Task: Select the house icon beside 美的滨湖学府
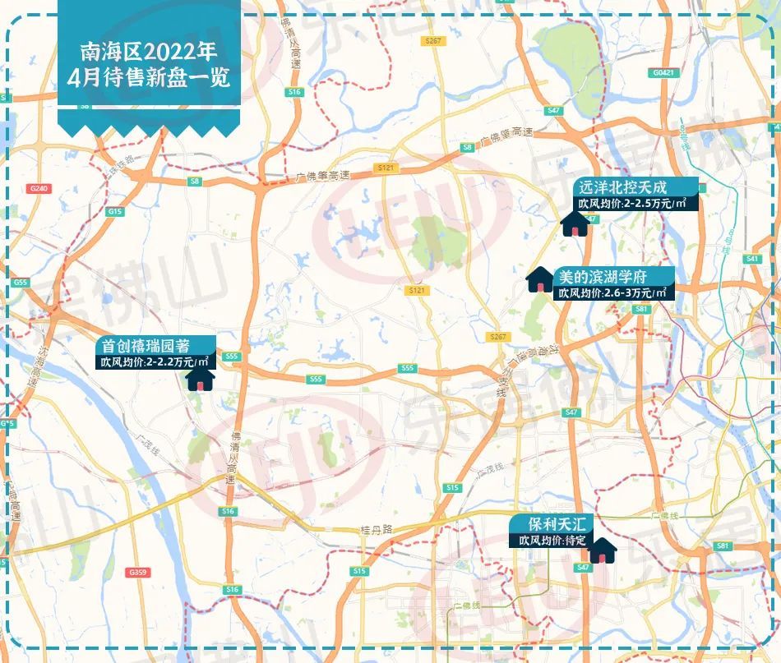(x=539, y=279)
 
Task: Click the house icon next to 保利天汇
(x=603, y=550)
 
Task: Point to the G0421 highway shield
(x=663, y=73)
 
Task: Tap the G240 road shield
(x=39, y=188)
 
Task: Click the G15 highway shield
(x=114, y=212)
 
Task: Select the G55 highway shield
(x=21, y=283)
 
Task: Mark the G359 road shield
(x=136, y=572)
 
